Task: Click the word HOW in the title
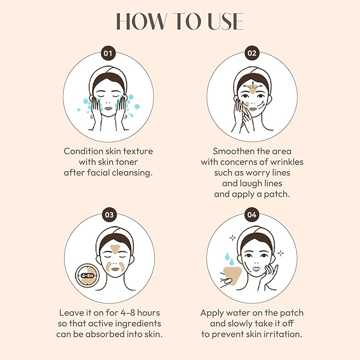[x=139, y=21]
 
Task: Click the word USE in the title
[x=223, y=21]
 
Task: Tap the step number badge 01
[x=109, y=53]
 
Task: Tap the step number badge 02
[x=251, y=53]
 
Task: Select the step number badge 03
[x=109, y=215]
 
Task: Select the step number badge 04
[x=251, y=215]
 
